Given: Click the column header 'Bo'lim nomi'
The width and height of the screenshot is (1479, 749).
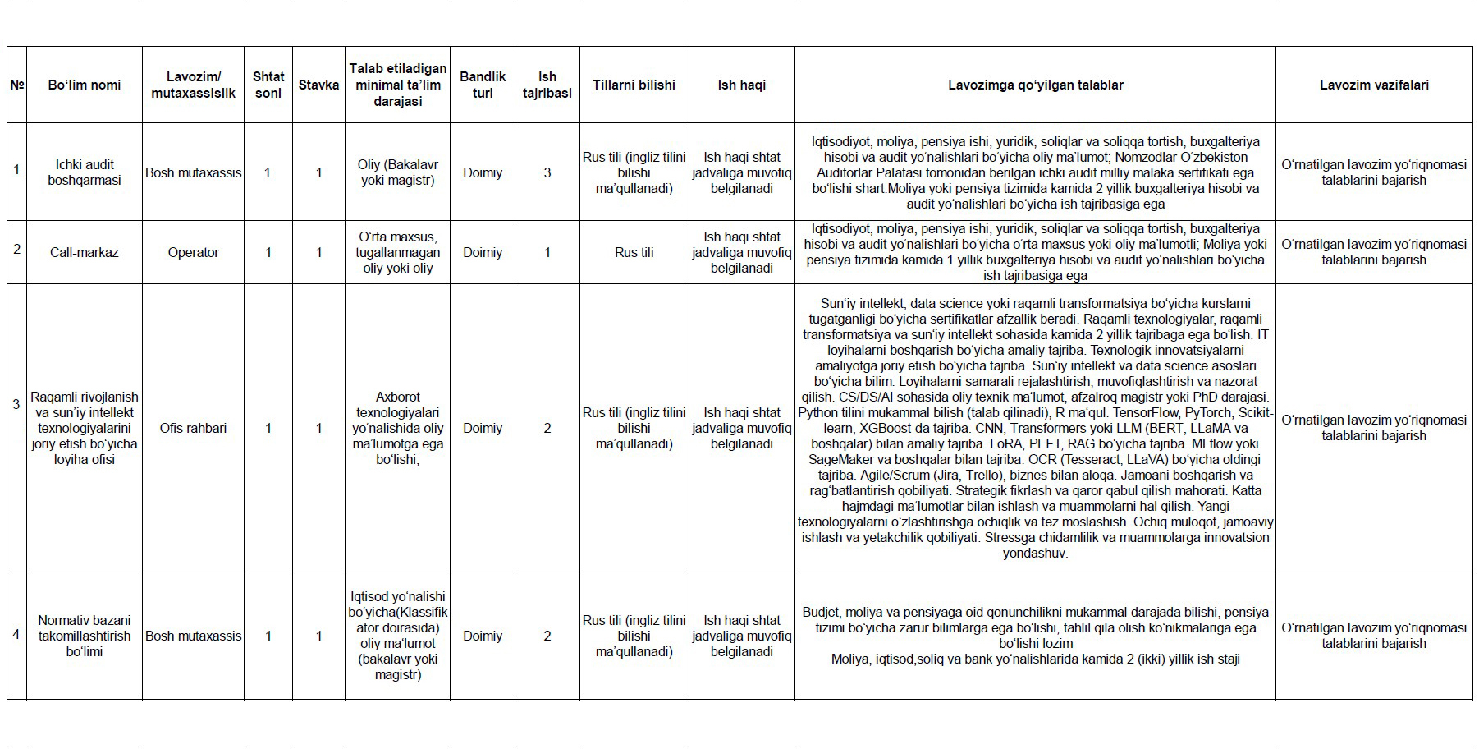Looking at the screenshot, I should pyautogui.click(x=85, y=85).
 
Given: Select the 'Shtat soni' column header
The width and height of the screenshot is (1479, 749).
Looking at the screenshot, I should pyautogui.click(x=268, y=85).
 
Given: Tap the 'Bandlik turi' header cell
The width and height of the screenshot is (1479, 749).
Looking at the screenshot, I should pyautogui.click(x=483, y=85).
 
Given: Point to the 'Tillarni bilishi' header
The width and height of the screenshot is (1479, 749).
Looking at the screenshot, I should pyautogui.click(x=634, y=85).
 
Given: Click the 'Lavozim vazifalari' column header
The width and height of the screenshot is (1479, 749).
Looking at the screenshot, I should pyautogui.click(x=1374, y=85).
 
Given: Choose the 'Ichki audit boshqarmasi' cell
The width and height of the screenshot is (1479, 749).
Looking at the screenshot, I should pyautogui.click(x=85, y=172).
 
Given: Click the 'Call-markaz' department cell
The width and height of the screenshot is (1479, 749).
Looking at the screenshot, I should pyautogui.click(x=85, y=252).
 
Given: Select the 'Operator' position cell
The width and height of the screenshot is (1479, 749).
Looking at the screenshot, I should pyautogui.click(x=193, y=252).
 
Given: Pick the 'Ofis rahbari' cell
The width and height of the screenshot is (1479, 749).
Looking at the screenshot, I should pyautogui.click(x=193, y=428).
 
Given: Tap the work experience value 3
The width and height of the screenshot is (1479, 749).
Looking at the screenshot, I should pyautogui.click(x=547, y=172).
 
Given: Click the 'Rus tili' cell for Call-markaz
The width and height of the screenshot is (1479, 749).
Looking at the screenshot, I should pyautogui.click(x=634, y=252).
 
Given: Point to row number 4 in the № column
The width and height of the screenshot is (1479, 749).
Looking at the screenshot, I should pyautogui.click(x=16, y=635).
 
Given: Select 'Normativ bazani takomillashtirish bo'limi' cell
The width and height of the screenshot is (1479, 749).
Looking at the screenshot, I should pyautogui.click(x=85, y=636).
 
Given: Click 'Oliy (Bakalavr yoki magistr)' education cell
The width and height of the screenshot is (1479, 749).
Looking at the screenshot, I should pyautogui.click(x=397, y=172).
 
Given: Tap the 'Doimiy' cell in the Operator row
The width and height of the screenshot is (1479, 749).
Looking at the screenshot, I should pyautogui.click(x=483, y=252).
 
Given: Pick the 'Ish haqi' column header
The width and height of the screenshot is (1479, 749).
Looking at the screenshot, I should pyautogui.click(x=741, y=85).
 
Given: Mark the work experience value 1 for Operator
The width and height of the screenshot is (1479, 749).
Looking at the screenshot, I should pyautogui.click(x=547, y=252).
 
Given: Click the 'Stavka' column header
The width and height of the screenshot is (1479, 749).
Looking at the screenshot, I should pyautogui.click(x=318, y=85).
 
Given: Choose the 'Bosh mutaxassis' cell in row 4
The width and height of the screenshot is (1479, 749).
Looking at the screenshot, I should pyautogui.click(x=193, y=636).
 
